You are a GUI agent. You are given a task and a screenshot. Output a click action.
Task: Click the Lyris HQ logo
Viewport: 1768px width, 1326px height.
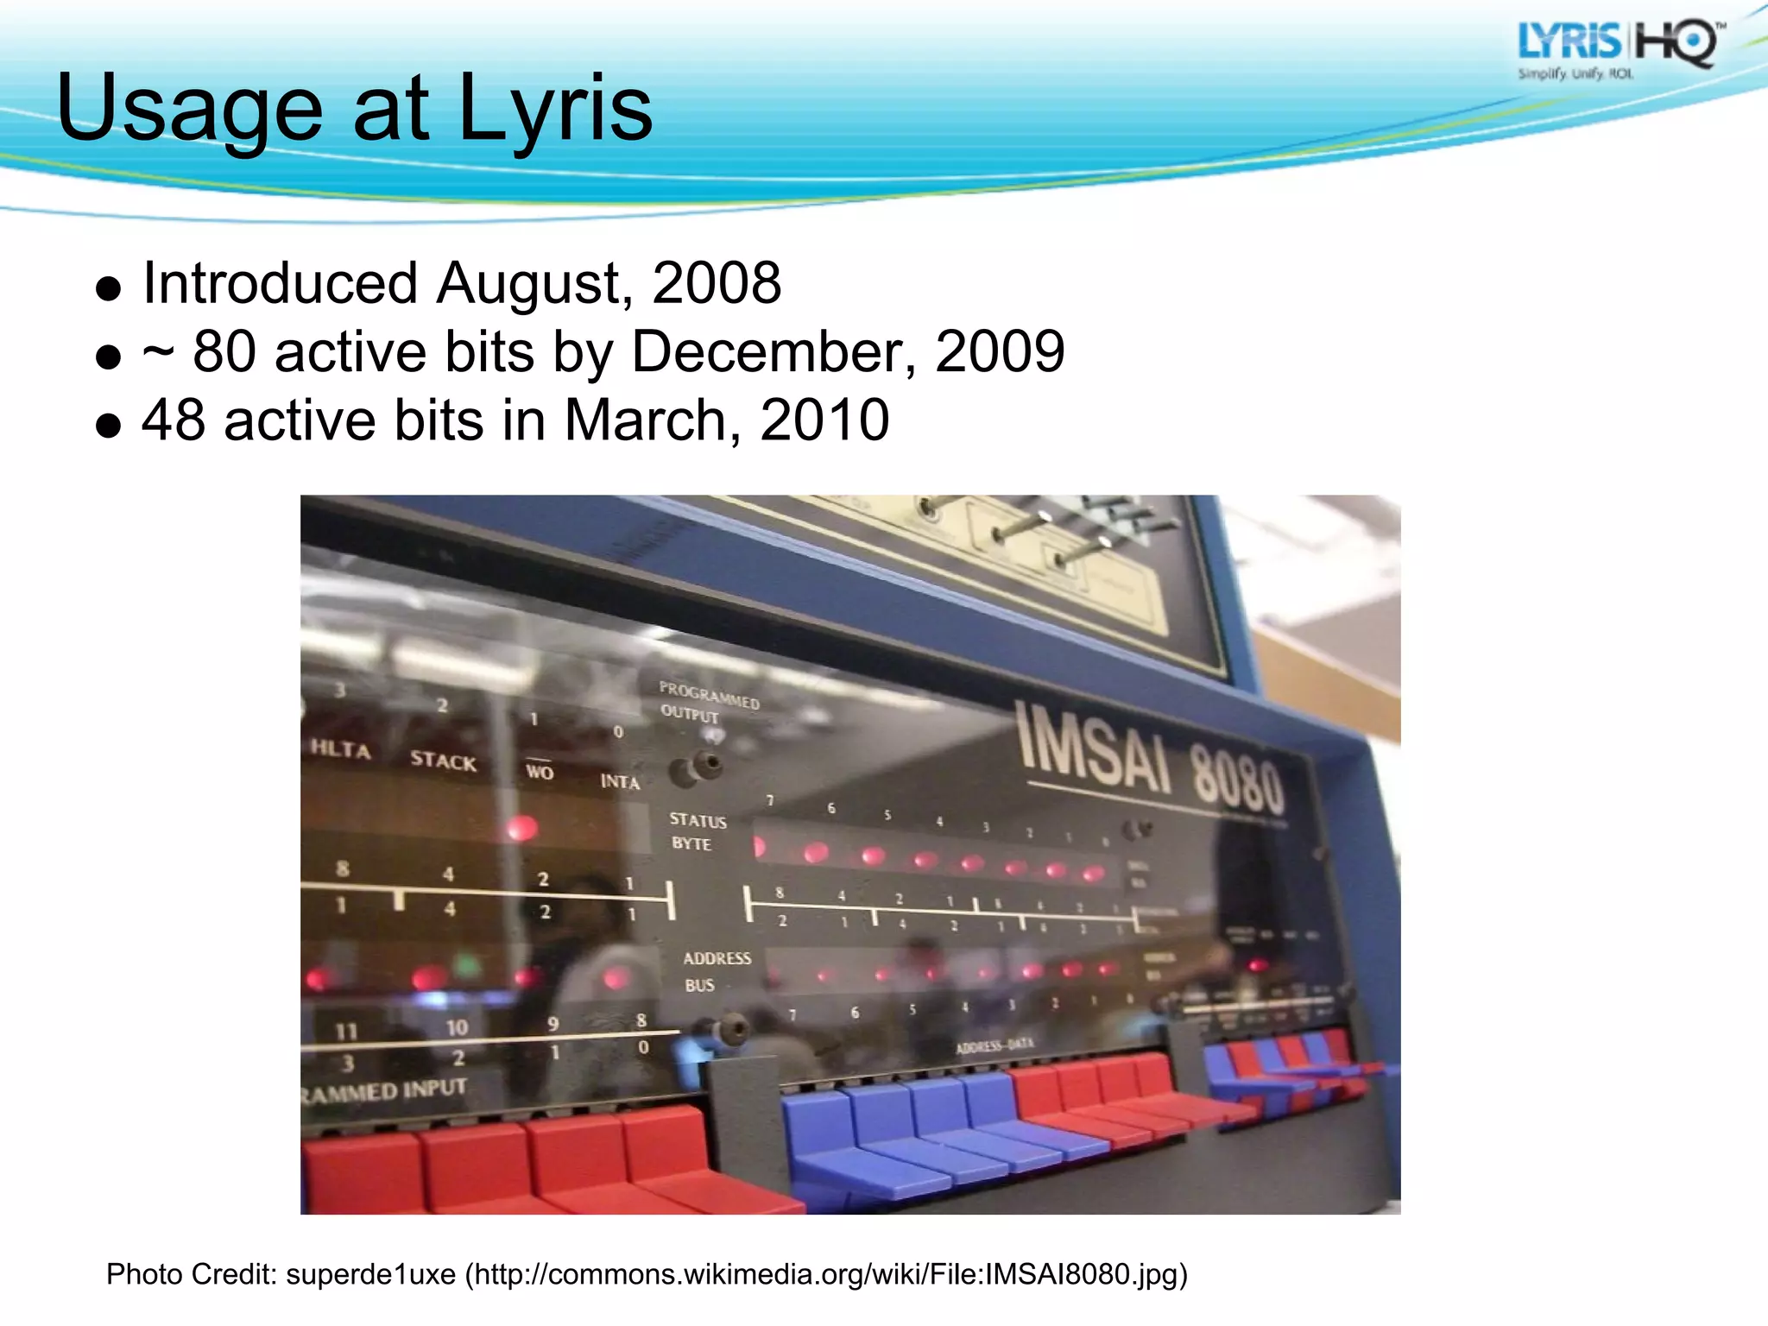[x=1619, y=49]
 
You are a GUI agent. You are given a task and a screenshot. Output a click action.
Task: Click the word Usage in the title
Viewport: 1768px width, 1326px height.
[x=189, y=109]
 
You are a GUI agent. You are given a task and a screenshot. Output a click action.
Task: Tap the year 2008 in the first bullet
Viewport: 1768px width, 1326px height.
[x=716, y=283]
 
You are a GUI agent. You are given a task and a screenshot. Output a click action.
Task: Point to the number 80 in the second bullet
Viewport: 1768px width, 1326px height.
[x=224, y=352]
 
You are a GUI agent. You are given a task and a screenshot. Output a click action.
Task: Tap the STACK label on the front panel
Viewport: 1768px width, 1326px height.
[x=443, y=761]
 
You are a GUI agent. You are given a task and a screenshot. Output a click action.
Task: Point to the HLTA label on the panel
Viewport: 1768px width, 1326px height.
[x=341, y=748]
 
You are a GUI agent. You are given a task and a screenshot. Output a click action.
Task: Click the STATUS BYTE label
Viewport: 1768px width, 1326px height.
[x=697, y=831]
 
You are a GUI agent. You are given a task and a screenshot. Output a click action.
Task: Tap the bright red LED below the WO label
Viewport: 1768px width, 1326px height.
[x=522, y=828]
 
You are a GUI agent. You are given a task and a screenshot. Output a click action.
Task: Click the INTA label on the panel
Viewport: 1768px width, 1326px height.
[x=620, y=782]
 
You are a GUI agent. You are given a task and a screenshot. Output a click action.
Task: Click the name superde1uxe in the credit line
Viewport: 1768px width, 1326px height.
[x=370, y=1274]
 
